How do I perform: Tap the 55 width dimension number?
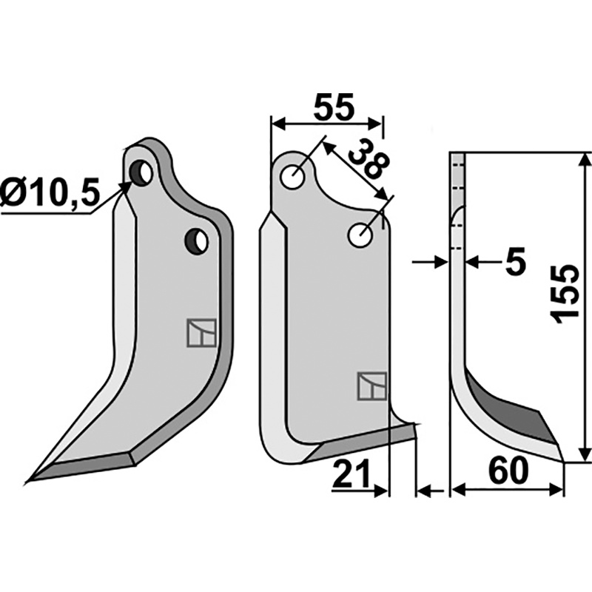(x=334, y=107)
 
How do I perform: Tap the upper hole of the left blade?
(x=141, y=173)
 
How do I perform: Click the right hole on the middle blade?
(x=361, y=236)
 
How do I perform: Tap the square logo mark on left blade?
(x=201, y=332)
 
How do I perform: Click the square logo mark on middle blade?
(x=372, y=386)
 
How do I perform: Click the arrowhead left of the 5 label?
(x=442, y=261)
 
